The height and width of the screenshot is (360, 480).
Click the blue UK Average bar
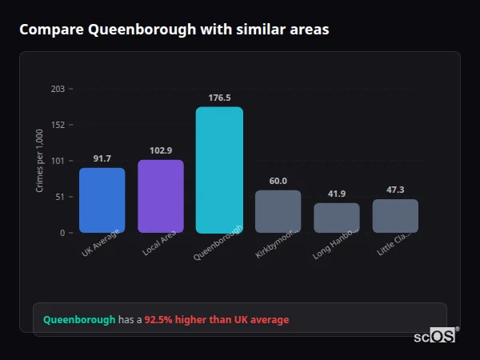(102, 200)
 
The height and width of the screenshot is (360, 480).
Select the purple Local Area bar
(161, 196)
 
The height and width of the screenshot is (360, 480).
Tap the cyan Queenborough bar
(219, 170)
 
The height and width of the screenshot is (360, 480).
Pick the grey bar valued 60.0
(278, 211)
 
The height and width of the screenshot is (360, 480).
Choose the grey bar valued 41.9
(337, 218)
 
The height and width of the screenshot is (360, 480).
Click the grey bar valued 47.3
(395, 216)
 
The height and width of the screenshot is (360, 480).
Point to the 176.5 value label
(219, 98)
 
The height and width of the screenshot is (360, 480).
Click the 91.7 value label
(102, 158)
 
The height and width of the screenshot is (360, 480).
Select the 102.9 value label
(161, 150)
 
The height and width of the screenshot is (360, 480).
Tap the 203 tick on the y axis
(58, 89)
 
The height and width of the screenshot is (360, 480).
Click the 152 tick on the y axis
(58, 125)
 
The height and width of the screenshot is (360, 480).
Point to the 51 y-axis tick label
(59, 197)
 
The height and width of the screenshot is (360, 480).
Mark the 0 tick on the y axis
(62, 233)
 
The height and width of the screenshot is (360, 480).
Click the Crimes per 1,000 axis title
(39, 161)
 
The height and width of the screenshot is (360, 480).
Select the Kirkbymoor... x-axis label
(278, 243)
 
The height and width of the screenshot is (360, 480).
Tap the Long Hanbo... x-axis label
(338, 243)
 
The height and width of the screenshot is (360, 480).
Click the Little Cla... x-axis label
(396, 242)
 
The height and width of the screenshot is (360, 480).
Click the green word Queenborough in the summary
(79, 320)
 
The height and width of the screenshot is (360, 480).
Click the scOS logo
(434, 337)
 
